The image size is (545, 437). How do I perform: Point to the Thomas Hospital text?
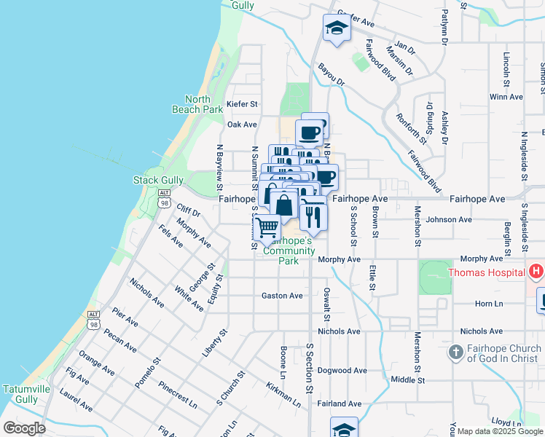click(x=485, y=273)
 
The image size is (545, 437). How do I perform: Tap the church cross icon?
click(x=455, y=353)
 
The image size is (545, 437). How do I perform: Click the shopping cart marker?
click(x=267, y=228)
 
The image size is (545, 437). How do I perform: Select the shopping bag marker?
click(x=284, y=206)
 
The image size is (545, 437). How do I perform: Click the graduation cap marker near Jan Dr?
click(x=336, y=28)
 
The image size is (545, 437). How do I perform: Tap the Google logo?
click(x=24, y=428)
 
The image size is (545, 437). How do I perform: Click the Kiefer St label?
click(x=243, y=105)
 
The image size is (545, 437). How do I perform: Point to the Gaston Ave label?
click(x=282, y=296)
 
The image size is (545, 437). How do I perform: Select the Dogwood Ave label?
click(x=340, y=370)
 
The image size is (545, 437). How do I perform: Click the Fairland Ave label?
click(x=340, y=403)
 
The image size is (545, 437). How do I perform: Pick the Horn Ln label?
click(x=489, y=304)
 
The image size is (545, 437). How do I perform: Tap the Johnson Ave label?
click(x=450, y=219)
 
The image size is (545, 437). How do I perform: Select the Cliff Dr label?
click(x=187, y=212)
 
